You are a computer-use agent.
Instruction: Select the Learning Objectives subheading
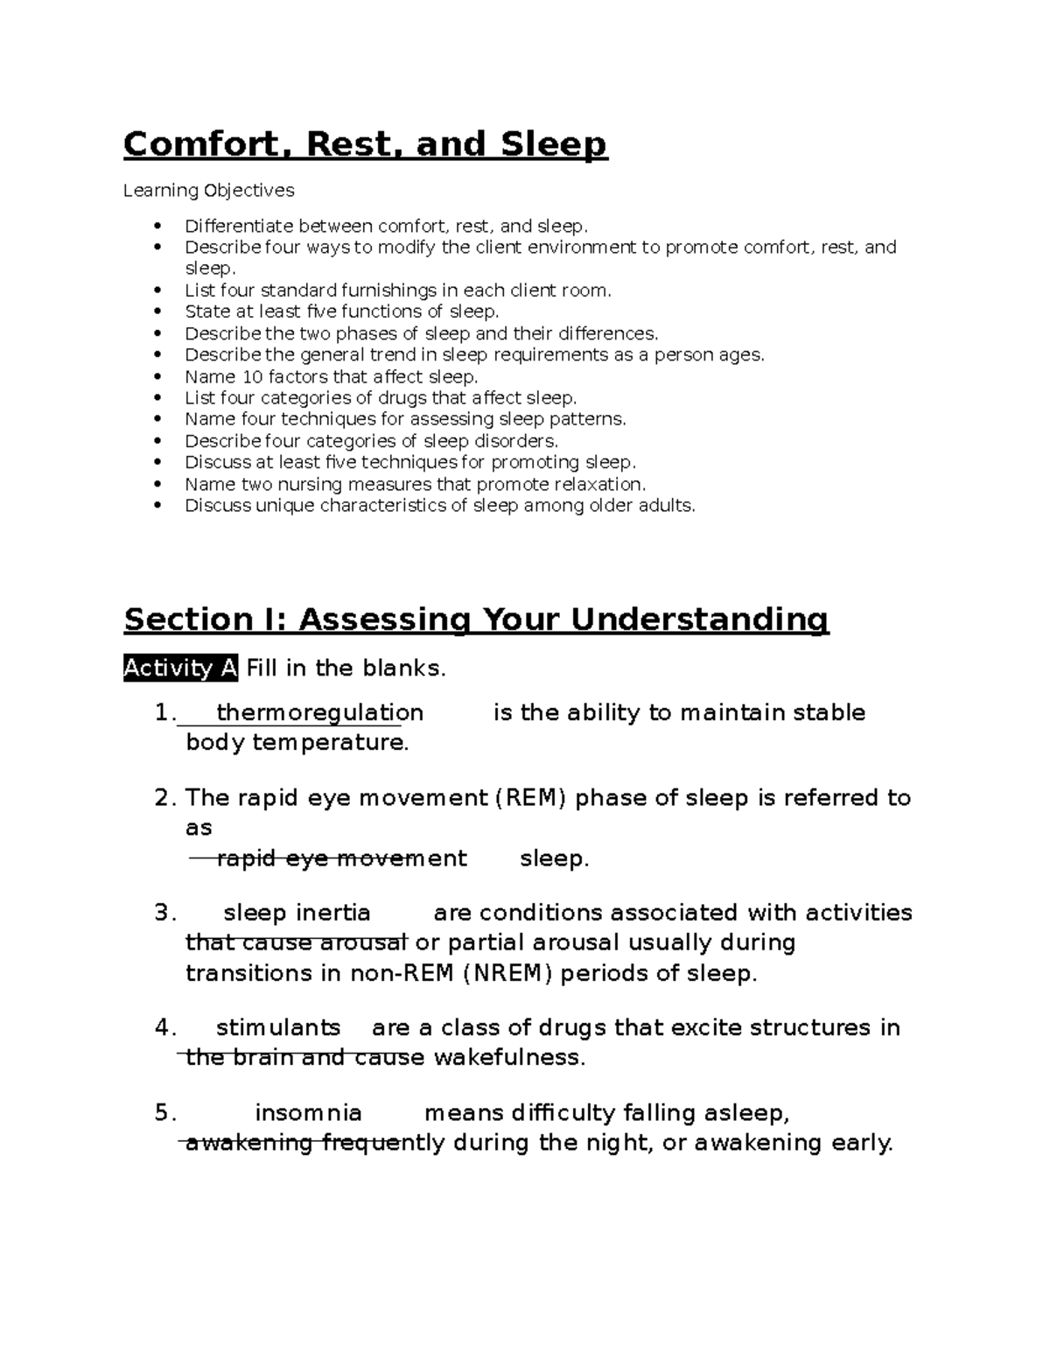point(208,190)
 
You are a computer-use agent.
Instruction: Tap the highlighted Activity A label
point(180,669)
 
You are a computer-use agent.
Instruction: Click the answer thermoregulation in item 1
point(319,713)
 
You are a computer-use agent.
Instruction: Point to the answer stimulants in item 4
point(277,1027)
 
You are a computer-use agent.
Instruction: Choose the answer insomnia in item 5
point(308,1113)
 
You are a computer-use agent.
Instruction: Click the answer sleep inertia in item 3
point(297,914)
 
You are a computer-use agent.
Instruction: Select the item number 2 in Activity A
point(162,798)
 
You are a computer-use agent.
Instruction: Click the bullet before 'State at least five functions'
point(157,312)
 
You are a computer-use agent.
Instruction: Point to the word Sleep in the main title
point(553,144)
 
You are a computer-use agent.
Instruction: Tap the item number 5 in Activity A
point(162,1113)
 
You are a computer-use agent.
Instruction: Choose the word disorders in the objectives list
point(514,441)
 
